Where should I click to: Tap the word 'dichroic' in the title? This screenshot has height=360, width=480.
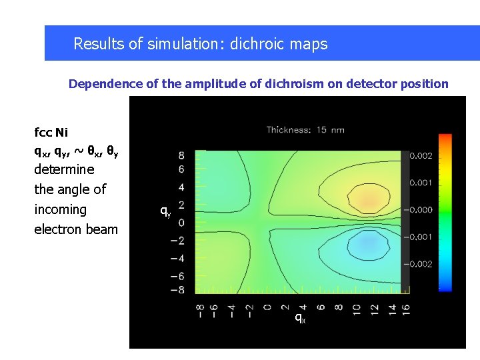257,44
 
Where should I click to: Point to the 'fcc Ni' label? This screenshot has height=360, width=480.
51,132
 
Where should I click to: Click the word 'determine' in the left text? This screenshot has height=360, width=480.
64,169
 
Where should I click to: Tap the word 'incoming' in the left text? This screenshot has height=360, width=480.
60,209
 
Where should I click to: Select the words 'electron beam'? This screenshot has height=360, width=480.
75,229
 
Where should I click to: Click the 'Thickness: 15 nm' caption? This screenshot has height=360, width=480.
305,130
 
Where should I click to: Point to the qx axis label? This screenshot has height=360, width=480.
300,318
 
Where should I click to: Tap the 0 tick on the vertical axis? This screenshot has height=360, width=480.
181,222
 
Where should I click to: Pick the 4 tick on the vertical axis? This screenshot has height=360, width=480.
181,187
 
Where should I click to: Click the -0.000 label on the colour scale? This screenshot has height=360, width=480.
421,209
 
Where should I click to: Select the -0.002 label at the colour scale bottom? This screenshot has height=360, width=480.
421,264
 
